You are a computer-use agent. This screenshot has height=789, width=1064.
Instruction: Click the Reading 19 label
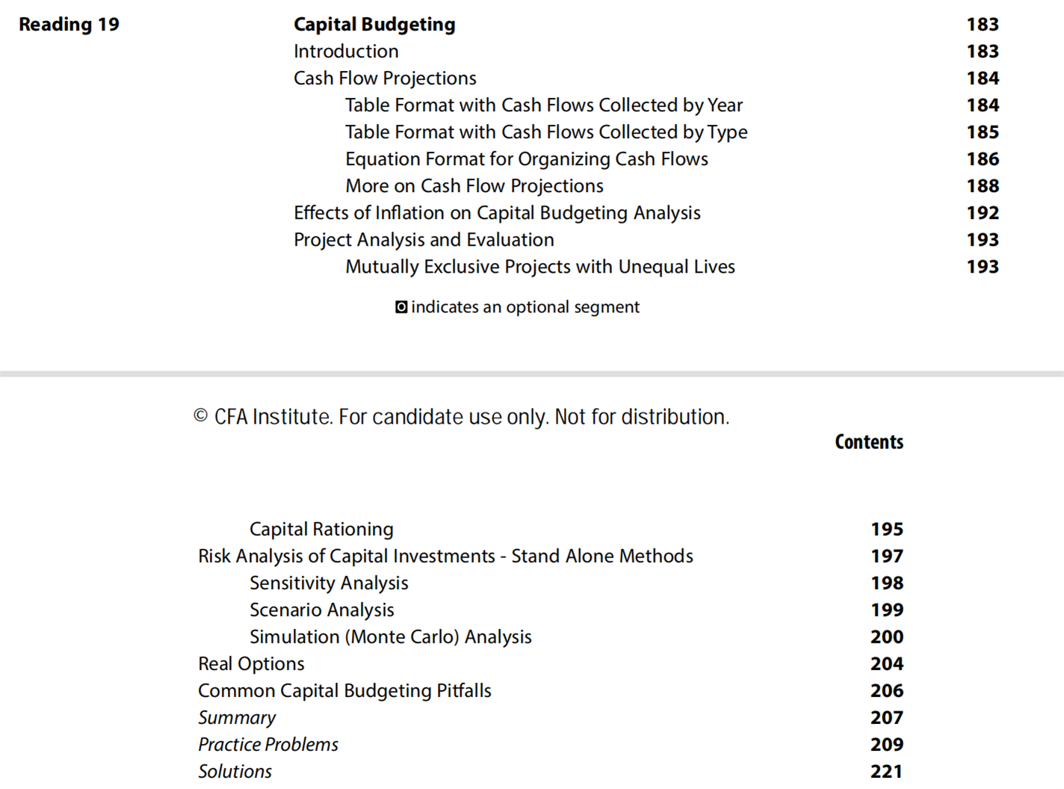click(69, 25)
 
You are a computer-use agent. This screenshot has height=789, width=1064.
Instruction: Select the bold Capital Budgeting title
click(374, 25)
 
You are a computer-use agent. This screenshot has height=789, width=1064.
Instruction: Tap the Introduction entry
click(346, 52)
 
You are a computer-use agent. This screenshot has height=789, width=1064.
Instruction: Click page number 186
click(983, 159)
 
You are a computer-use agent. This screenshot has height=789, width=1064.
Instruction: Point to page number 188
click(983, 186)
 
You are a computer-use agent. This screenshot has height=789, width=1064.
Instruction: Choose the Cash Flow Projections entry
click(385, 78)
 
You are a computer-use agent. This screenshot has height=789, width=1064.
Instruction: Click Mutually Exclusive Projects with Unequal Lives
click(539, 267)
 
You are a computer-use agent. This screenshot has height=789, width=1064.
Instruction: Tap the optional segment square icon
click(401, 307)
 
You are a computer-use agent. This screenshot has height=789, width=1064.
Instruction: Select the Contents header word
click(869, 442)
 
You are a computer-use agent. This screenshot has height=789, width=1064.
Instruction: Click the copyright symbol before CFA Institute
click(200, 416)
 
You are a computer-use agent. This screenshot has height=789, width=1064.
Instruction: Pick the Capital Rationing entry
click(321, 530)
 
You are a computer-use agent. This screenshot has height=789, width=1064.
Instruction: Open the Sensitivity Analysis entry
click(329, 584)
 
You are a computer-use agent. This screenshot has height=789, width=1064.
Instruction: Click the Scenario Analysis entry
click(321, 610)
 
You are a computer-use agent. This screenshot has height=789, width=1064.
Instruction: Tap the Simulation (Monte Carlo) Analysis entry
click(390, 637)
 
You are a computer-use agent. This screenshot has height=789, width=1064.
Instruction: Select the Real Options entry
click(251, 664)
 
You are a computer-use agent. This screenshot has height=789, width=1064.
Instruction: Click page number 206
click(887, 691)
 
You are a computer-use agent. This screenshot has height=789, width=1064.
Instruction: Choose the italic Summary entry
click(237, 718)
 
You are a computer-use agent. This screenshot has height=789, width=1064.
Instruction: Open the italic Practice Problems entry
click(268, 745)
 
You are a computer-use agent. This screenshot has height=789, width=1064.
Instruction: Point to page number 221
click(887, 772)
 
